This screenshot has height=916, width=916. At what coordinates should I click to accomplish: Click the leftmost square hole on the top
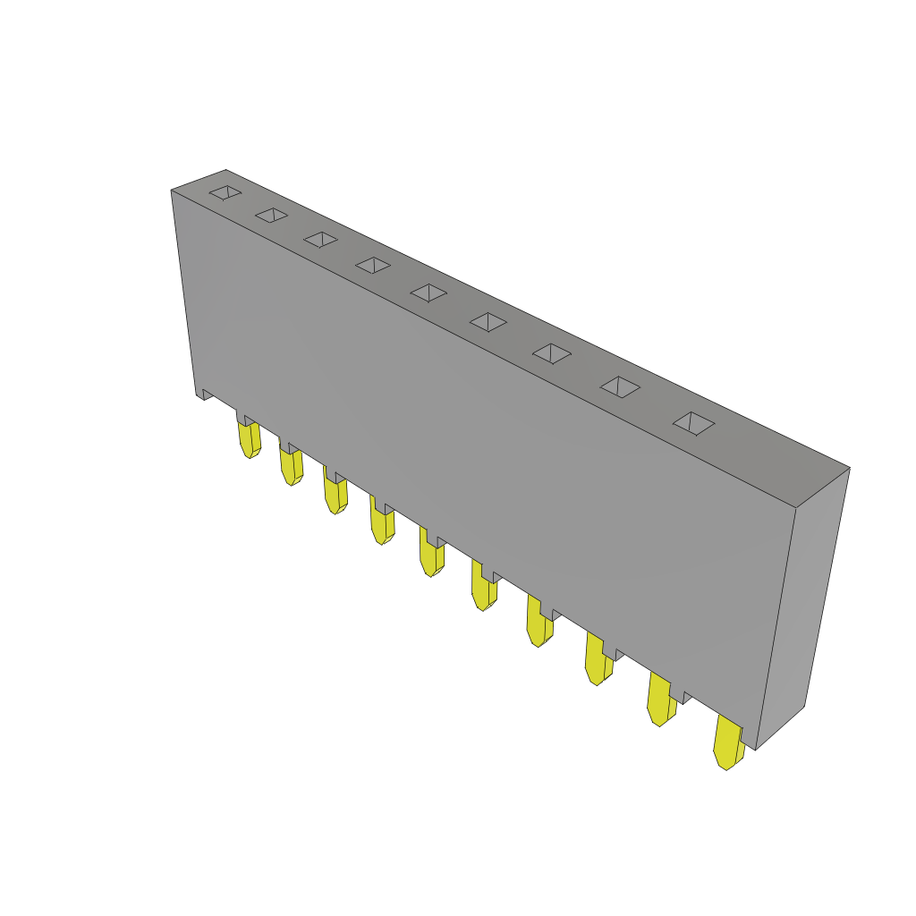[225, 192]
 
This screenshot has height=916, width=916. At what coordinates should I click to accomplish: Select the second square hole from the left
[271, 215]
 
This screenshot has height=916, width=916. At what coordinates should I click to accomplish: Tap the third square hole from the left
[320, 239]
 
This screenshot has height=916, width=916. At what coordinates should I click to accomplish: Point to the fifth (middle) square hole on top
[428, 293]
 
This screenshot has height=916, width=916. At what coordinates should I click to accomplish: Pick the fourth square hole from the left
[373, 265]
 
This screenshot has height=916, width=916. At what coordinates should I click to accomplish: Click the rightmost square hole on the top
[693, 423]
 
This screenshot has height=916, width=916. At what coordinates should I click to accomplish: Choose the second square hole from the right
[620, 386]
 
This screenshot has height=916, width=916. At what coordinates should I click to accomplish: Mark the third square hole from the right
[552, 353]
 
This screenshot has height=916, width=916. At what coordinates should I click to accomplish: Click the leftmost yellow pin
[249, 439]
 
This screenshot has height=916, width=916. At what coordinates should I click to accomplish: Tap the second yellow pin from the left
[291, 466]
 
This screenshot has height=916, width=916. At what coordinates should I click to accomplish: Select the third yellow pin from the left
[335, 495]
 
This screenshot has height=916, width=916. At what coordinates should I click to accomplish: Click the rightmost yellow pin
[727, 745]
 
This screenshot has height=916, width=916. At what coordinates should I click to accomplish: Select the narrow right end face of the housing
[801, 608]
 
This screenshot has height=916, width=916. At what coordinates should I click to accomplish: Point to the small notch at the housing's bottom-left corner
[205, 394]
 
